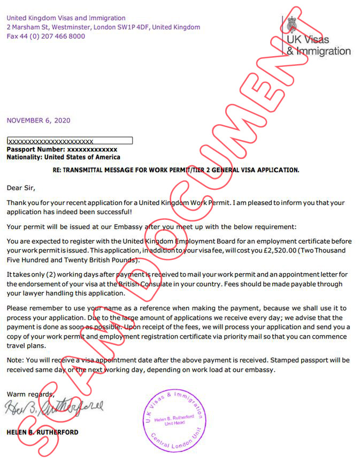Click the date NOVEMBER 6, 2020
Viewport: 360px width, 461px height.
pos(39,120)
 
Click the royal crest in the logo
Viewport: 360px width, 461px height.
pos(292,25)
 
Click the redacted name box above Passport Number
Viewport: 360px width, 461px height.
pos(70,141)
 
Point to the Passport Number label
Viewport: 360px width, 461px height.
pos(36,150)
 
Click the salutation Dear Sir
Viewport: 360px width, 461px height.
pos(20,188)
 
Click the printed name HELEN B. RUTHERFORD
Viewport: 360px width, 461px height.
pos(42,432)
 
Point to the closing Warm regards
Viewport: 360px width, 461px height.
pos(30,394)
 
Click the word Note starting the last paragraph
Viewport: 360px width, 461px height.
pos(14,360)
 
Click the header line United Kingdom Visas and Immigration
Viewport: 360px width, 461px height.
pos(66,18)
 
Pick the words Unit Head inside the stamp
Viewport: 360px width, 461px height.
pos(175,424)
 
